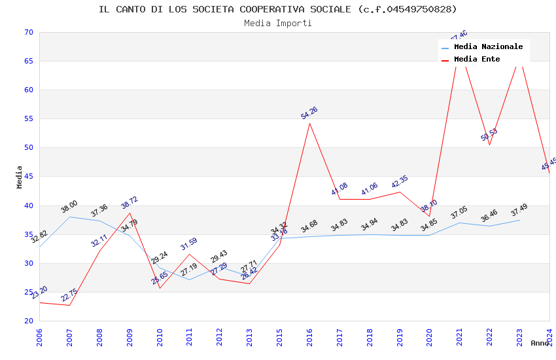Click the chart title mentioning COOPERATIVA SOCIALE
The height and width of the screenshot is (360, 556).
click(278, 9)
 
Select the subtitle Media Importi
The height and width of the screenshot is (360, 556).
click(278, 24)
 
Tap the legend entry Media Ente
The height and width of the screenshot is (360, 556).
click(477, 60)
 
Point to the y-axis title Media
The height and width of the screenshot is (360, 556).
click(20, 177)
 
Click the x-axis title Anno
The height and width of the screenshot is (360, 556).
click(540, 343)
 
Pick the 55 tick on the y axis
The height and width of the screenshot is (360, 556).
click(28, 119)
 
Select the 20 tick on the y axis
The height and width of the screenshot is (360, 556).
click(28, 321)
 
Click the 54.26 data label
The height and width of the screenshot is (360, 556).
click(309, 112)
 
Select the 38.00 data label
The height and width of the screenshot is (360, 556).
click(69, 207)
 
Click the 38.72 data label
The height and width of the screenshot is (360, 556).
click(130, 203)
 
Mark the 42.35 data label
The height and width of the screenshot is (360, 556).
click(400, 182)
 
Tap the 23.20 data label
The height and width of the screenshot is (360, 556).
click(39, 293)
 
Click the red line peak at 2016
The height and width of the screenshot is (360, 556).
click(309, 123)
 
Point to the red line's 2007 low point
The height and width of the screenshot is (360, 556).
click(69, 305)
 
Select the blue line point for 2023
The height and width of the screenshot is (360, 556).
click(519, 220)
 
